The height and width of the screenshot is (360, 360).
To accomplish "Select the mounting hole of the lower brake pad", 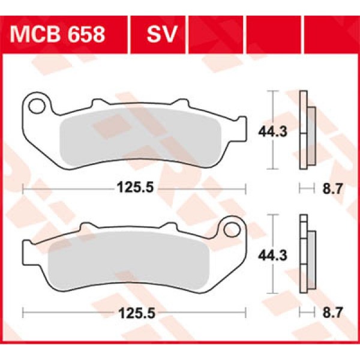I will [230, 228].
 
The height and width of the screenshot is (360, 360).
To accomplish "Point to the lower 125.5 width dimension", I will [134, 312].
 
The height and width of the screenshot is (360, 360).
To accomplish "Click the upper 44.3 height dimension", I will [272, 130].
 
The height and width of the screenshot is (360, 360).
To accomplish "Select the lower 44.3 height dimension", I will [272, 254].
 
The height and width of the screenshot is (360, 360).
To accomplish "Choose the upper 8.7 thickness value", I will [331, 190].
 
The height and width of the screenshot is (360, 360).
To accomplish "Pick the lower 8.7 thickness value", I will [331, 312].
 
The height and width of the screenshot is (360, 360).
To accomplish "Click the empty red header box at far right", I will [331, 34].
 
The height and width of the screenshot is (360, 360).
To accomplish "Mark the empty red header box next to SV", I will [215, 34].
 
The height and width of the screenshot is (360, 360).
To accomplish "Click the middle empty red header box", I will [273, 34].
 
